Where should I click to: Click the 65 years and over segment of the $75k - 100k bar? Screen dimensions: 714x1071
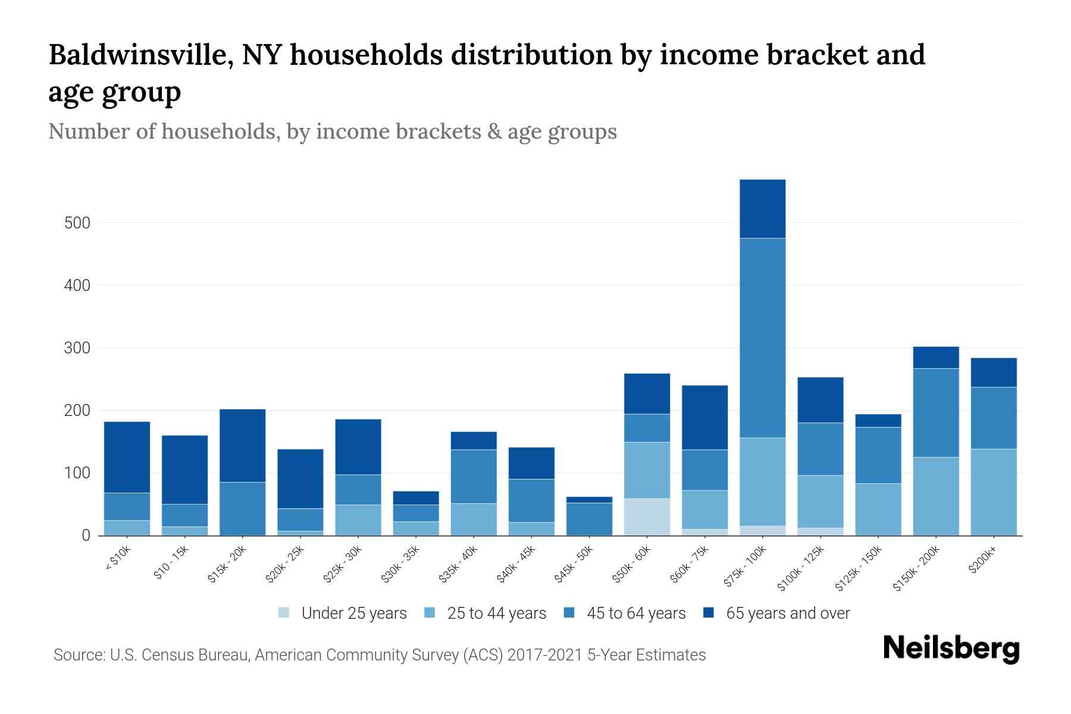click(762, 209)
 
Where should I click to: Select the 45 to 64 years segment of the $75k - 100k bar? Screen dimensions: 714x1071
click(762, 338)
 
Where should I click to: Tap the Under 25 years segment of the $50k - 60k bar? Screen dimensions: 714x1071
click(647, 516)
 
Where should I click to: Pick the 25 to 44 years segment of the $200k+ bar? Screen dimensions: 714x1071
click(993, 492)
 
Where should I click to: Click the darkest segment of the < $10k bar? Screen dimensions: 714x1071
click(127, 457)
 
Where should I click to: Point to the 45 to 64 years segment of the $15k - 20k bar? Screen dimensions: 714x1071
click(242, 509)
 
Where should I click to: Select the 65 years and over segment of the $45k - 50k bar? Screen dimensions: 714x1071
click(589, 500)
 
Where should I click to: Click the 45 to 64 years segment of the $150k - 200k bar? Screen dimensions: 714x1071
click(935, 413)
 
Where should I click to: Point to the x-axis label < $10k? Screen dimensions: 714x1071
click(118, 559)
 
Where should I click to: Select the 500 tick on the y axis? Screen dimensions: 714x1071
click(77, 223)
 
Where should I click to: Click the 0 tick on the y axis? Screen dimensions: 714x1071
click(86, 535)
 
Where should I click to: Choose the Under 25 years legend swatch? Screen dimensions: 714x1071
click(284, 613)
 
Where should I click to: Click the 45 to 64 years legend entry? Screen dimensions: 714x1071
click(635, 613)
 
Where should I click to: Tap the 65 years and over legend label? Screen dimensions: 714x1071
click(787, 613)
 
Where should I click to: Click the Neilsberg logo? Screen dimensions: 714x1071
click(951, 649)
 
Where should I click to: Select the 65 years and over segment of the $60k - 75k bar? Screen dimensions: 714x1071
click(704, 418)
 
